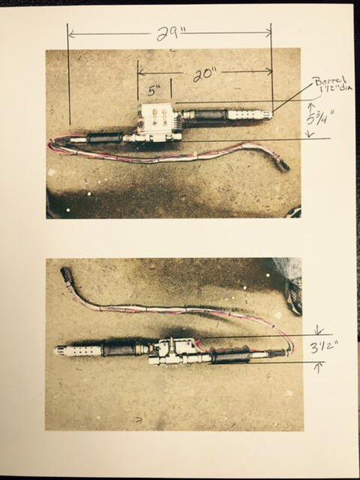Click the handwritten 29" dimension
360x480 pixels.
[x=168, y=34]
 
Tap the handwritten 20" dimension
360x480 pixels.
[x=203, y=74]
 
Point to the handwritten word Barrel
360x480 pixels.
[x=328, y=81]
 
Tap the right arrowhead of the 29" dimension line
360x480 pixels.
[x=269, y=32]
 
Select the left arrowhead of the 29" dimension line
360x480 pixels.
[x=71, y=34]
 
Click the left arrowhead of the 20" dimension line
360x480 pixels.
[x=141, y=73]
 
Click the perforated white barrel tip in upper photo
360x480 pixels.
[x=250, y=115]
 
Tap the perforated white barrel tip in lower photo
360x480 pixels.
[x=78, y=351]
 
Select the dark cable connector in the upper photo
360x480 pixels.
[x=282, y=165]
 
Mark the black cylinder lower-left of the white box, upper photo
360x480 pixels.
[x=105, y=138]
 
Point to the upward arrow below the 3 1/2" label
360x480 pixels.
[x=319, y=368]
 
